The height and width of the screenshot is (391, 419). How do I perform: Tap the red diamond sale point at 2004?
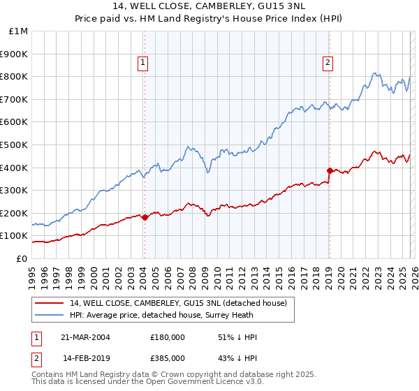click(x=145, y=217)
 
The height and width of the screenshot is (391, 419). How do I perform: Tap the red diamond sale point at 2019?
click(x=329, y=170)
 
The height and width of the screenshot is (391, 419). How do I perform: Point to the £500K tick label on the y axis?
click(x=14, y=145)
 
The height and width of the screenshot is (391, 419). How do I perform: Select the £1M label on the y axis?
click(x=19, y=31)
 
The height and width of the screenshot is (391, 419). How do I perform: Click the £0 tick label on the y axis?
click(x=22, y=258)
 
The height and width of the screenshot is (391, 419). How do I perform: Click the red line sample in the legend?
click(x=50, y=303)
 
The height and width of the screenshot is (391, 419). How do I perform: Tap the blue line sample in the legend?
click(x=50, y=315)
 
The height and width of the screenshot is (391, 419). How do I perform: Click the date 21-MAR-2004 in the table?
click(x=86, y=337)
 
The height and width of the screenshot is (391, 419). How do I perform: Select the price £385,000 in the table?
click(x=168, y=357)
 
